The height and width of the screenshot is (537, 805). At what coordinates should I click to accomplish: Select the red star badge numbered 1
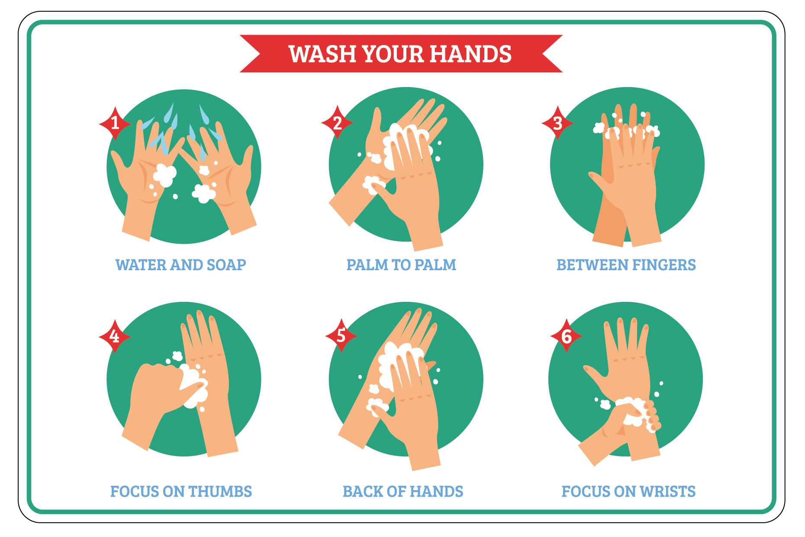[115, 123]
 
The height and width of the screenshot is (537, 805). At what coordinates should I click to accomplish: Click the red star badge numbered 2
[337, 123]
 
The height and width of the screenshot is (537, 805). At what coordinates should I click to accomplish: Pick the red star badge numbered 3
[558, 123]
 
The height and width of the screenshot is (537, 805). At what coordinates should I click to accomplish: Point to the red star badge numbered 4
[115, 336]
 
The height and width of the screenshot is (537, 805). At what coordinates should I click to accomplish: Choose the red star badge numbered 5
[341, 336]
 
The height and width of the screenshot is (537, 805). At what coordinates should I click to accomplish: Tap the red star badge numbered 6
[567, 336]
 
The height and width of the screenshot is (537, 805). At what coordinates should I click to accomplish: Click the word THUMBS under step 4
[220, 492]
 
